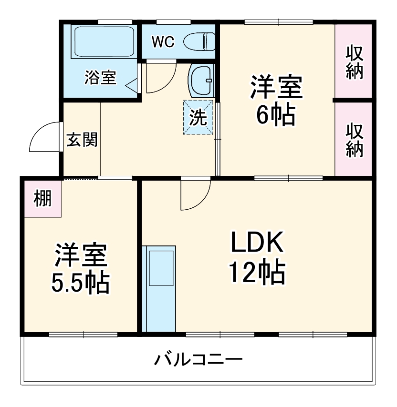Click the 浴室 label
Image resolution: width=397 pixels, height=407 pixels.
100,78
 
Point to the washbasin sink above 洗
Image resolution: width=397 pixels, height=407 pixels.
201,81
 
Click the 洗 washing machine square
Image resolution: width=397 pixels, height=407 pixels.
198,118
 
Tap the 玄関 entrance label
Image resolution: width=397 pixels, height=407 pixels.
82,140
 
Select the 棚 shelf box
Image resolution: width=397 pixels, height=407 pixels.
42,198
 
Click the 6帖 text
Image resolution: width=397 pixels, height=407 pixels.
275,114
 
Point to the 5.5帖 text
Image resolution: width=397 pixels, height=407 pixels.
80,282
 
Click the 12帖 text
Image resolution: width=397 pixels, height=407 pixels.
257,273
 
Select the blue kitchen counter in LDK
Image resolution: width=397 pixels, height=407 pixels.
160,289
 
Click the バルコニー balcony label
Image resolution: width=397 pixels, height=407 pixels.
198,358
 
